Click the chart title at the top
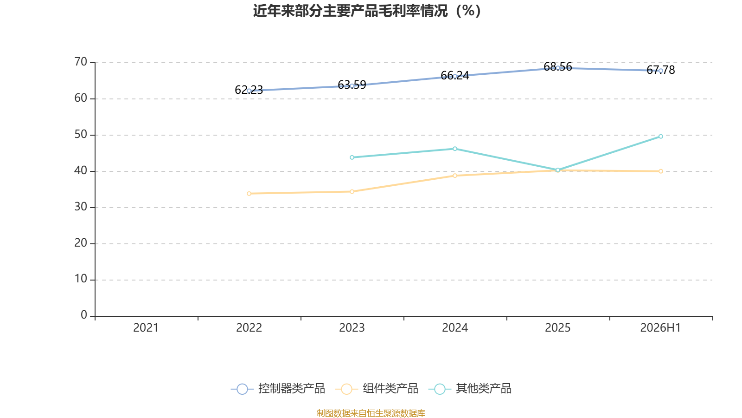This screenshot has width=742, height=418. tap(367, 11)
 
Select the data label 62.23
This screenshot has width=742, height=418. tap(249, 90)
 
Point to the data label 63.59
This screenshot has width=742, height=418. tap(352, 85)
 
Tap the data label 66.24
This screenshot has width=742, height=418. tap(455, 76)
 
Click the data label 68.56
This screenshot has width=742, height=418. tap(558, 67)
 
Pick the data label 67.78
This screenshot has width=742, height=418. tap(660, 70)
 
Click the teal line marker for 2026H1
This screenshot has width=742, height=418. tap(660, 137)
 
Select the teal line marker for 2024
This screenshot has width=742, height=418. tap(455, 149)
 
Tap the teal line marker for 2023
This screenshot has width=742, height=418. tap(352, 157)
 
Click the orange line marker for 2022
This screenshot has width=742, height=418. tap(249, 193)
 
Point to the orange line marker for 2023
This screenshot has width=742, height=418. tap(352, 191)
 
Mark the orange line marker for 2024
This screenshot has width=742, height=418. tap(455, 176)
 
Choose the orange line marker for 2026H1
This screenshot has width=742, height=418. tap(660, 171)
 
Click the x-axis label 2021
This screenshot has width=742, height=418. tap(146, 328)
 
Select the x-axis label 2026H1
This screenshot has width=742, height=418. tap(660, 328)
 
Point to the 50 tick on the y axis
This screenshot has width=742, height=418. tap(81, 134)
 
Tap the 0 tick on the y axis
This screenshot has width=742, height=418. tap(84, 315)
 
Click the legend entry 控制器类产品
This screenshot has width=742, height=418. tap(278, 388)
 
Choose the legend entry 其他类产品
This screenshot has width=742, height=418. tap(470, 388)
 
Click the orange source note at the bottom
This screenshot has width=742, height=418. tap(371, 413)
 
